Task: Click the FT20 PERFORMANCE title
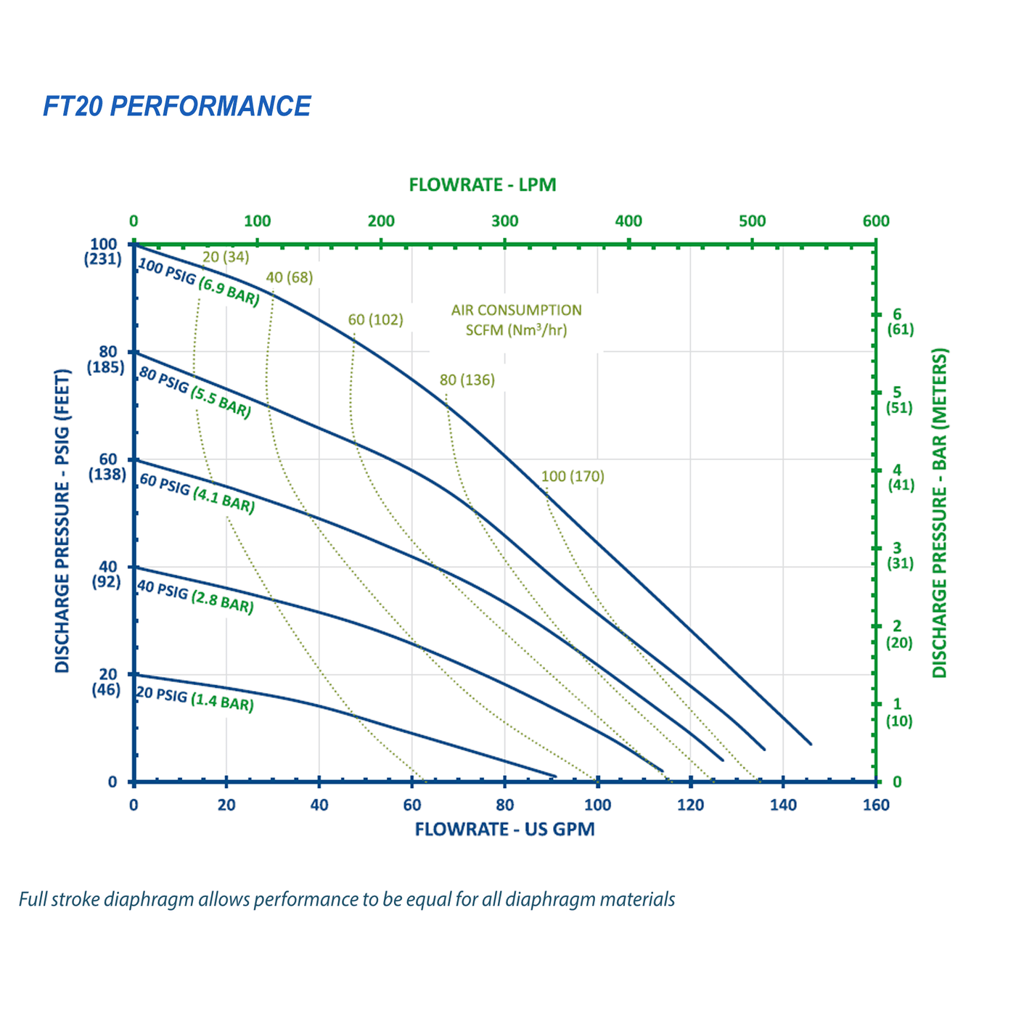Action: [176, 106]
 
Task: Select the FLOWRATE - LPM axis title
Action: [483, 185]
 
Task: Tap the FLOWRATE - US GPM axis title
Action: [504, 829]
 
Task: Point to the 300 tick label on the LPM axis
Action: [504, 221]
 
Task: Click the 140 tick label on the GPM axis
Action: [783, 805]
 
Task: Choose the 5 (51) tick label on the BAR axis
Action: [898, 400]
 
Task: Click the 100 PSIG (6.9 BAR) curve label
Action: [198, 282]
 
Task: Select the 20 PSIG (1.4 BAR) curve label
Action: [195, 699]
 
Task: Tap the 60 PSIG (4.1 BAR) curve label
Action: [197, 493]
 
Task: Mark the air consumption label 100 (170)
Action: [573, 477]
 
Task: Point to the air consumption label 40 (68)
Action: [289, 278]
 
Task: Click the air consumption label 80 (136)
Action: [467, 380]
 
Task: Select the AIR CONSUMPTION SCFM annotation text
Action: [516, 320]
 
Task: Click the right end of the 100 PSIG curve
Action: [811, 744]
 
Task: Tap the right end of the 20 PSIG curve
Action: [555, 777]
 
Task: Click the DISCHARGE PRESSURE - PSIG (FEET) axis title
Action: [62, 521]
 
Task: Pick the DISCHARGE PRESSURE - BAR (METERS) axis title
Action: [940, 514]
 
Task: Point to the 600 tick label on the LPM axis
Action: [876, 221]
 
